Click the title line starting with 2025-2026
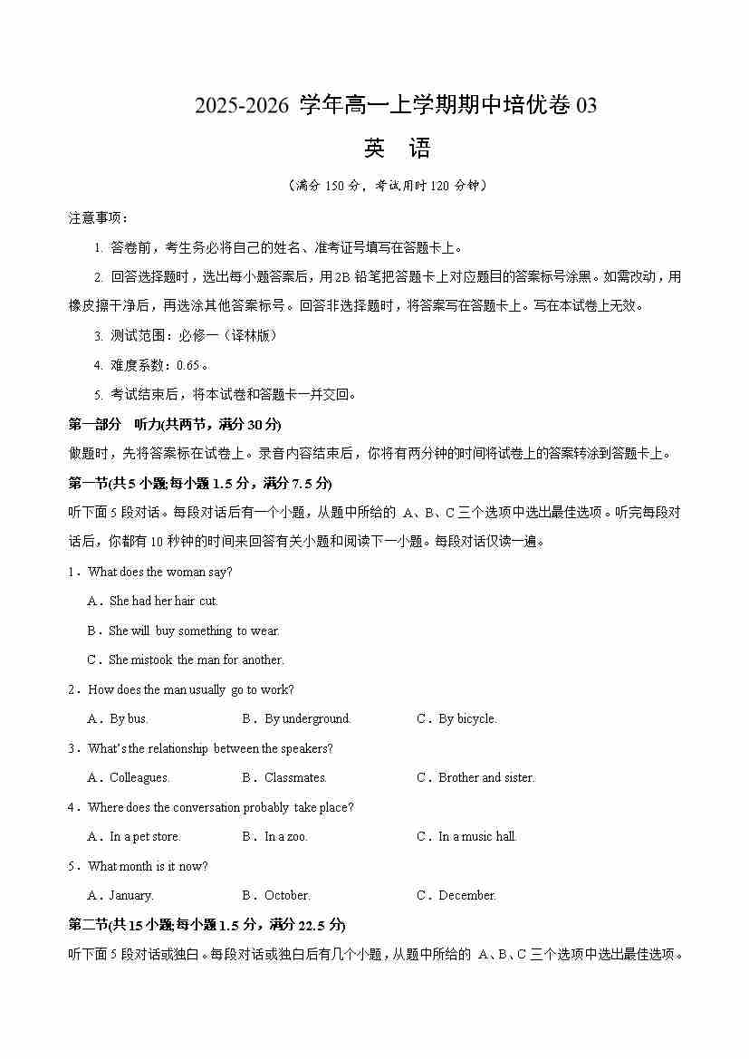396,106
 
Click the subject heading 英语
396,149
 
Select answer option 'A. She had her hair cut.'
152,601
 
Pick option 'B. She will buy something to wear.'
183,631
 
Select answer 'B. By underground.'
295,718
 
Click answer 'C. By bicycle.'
456,718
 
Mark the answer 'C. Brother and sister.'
475,777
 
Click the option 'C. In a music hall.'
466,836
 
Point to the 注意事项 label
98,218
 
